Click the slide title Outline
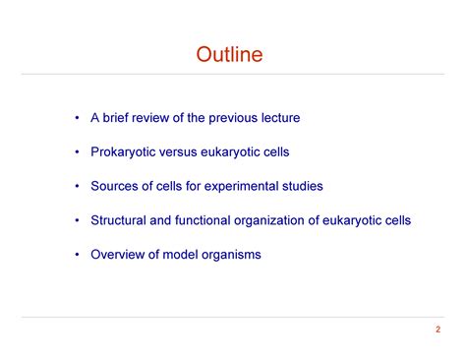pyautogui.click(x=230, y=54)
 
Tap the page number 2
pyautogui.click(x=437, y=329)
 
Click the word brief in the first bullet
pyautogui.click(x=119, y=118)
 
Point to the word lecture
pyautogui.click(x=279, y=118)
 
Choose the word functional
pyautogui.click(x=207, y=220)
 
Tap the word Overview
pyautogui.click(x=118, y=255)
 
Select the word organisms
pyautogui.click(x=229, y=256)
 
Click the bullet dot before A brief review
pyautogui.click(x=76, y=119)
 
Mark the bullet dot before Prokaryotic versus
pyautogui.click(x=76, y=152)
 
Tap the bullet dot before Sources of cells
pyautogui.click(x=76, y=187)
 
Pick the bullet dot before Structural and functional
pyautogui.click(x=76, y=221)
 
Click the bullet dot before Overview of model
pyautogui.click(x=76, y=255)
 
